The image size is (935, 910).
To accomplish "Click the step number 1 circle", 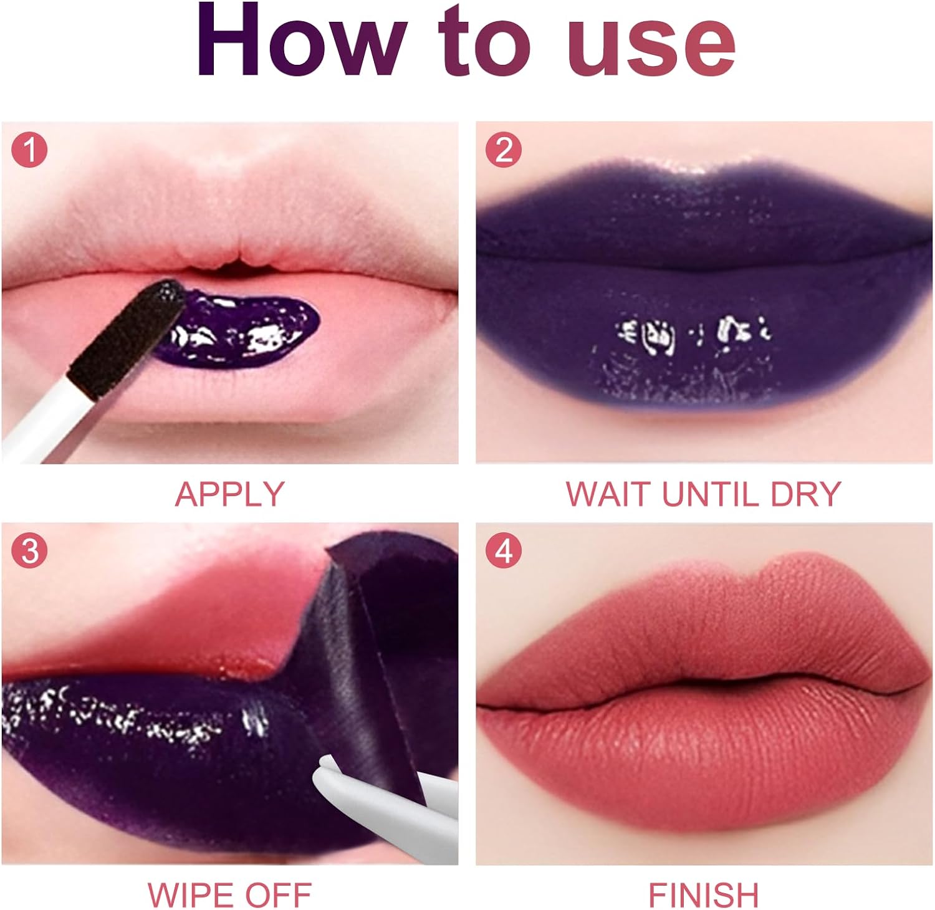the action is tap(29, 150).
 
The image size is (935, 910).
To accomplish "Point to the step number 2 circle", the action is tap(504, 150).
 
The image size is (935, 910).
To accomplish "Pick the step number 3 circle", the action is tap(29, 551).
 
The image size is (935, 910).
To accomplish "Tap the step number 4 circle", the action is tap(504, 551).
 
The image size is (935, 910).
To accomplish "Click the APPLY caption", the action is tap(229, 494).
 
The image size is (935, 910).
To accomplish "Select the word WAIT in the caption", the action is tap(609, 494).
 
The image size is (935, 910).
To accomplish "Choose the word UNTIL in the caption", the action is tap(711, 494).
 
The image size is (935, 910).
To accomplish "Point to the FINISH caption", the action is tap(704, 895).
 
